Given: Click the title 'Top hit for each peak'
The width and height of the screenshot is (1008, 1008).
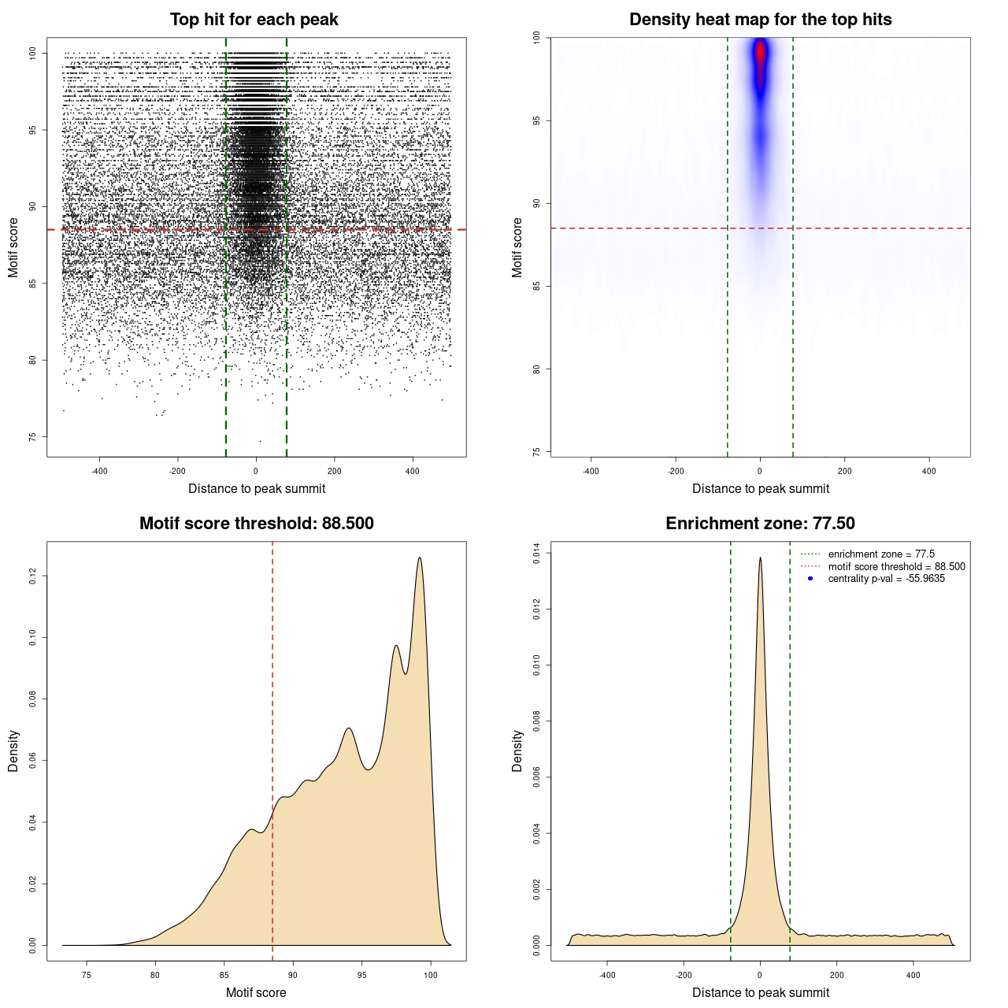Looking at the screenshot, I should tap(254, 20).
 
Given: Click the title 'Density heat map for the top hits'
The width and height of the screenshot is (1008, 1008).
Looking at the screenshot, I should tap(760, 20).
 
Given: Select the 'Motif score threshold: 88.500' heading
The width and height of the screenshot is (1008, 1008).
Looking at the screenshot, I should tap(256, 524).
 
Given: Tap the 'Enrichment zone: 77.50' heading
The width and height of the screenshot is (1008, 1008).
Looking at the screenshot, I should tap(760, 524).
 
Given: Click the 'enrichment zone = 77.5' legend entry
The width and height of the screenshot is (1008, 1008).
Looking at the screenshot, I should tap(880, 554).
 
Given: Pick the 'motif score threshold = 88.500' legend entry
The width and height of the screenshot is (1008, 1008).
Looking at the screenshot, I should tap(896, 567).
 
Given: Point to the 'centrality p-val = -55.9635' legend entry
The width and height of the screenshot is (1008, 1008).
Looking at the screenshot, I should tap(886, 579).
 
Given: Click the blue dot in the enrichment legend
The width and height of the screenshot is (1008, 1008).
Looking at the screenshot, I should tap(810, 579).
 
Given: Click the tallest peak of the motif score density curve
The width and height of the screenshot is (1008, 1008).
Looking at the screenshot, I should tap(420, 558).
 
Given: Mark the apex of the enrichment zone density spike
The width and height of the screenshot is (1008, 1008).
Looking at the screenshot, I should tap(760, 558).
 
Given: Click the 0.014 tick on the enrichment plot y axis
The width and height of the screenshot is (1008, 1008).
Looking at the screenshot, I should tap(537, 554).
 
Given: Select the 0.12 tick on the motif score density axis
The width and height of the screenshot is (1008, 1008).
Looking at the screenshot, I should tap(33, 576).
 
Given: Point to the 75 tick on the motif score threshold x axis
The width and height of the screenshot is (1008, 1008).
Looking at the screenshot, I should tap(87, 975).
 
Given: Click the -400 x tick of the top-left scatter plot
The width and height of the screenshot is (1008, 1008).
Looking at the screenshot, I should tap(99, 471).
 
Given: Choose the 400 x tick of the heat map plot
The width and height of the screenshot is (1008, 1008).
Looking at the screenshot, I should tap(929, 471).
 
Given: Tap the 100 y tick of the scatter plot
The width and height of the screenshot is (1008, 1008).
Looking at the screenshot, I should tap(33, 53).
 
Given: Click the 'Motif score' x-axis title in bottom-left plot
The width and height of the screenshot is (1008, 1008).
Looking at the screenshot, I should tap(256, 992).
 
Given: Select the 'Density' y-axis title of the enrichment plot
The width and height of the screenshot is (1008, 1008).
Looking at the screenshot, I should tap(517, 750).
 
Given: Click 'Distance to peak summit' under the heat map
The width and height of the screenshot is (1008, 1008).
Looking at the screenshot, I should tap(760, 488).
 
